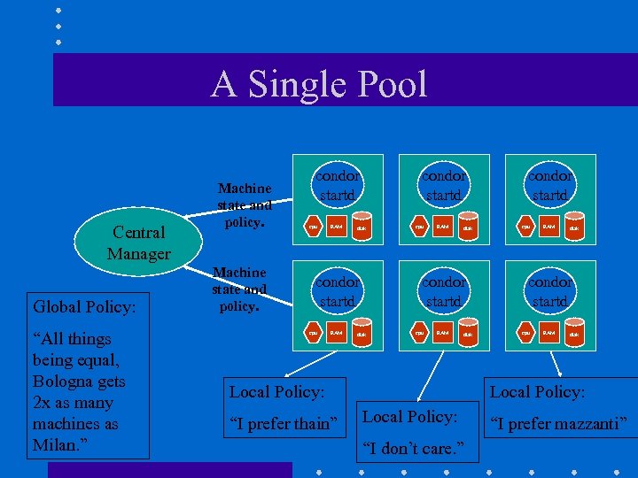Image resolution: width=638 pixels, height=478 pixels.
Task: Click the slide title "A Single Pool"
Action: point(319,84)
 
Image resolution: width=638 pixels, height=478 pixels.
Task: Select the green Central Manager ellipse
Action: point(139,243)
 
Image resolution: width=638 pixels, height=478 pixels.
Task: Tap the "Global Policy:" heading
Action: point(84,307)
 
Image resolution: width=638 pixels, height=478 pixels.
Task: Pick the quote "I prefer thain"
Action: point(283,424)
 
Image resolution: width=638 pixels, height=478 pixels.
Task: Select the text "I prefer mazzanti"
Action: point(558,424)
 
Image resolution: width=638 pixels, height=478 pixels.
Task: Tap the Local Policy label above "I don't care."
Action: point(409,416)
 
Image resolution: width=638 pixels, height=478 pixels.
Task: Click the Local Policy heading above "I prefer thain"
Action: point(276,391)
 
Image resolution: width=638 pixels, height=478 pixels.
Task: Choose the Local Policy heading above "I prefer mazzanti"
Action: point(537,391)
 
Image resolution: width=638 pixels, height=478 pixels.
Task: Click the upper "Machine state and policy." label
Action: point(245,205)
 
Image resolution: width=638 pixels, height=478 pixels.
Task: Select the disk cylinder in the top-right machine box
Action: point(573,227)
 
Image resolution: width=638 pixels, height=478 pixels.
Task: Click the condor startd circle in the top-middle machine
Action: point(443,185)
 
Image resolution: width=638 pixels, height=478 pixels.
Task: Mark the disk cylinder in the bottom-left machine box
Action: point(361,334)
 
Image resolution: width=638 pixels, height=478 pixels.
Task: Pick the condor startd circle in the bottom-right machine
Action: point(549,291)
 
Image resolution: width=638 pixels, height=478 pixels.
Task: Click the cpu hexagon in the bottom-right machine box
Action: point(526,333)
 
